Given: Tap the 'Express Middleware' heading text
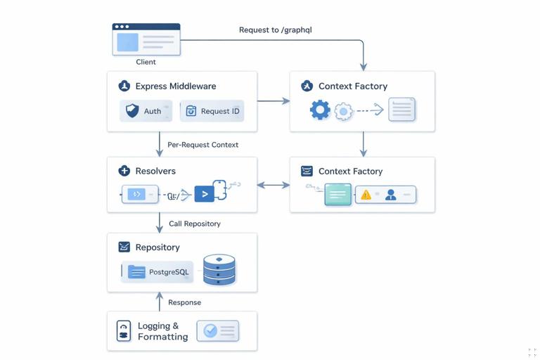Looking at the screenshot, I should [176, 86].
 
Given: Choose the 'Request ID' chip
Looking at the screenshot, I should [212, 111].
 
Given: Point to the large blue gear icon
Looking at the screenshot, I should [320, 110].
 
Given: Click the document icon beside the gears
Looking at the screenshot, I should [401, 110].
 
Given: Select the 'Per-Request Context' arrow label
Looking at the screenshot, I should [202, 145].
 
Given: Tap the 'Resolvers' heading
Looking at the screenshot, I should [155, 171].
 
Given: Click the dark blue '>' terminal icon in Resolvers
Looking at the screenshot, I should [204, 194].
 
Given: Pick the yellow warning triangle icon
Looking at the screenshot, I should [366, 195].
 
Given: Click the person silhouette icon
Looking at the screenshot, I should [391, 195].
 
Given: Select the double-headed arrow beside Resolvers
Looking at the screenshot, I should [274, 185].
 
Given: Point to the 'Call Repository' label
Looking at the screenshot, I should [195, 224].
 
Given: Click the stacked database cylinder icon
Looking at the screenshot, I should [219, 270].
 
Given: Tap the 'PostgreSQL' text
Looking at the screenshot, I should [169, 272].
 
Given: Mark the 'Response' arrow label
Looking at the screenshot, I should [185, 302].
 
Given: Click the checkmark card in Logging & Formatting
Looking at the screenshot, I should [218, 330].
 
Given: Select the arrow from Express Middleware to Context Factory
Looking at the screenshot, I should [274, 101].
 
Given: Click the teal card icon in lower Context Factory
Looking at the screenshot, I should [337, 194].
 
